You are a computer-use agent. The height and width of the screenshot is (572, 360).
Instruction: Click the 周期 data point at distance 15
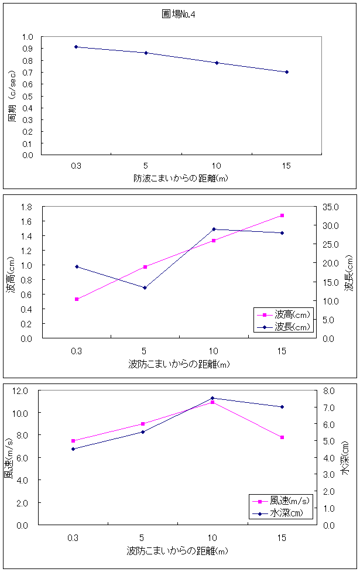coord(286,72)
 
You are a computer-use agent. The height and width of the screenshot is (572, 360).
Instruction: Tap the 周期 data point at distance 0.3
coord(76,47)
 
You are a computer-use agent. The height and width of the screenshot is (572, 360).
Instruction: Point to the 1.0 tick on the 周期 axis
coord(28,37)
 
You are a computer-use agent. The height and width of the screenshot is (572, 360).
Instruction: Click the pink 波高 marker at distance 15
coord(282,215)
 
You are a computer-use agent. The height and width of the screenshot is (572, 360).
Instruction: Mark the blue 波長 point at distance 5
coord(145,287)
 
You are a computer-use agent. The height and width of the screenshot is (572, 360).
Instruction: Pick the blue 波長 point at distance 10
coord(214,229)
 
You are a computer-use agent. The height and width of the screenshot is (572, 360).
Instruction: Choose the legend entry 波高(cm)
coord(284,315)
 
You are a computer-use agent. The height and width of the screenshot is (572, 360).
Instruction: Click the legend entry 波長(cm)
coord(284,327)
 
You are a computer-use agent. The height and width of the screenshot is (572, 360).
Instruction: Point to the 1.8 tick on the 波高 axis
coord(26,207)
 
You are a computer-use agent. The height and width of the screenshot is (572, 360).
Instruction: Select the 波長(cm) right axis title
coord(349,273)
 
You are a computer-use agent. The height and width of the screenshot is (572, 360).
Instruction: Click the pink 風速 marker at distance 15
coord(282,437)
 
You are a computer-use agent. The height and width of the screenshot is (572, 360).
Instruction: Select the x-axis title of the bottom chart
coord(177,551)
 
